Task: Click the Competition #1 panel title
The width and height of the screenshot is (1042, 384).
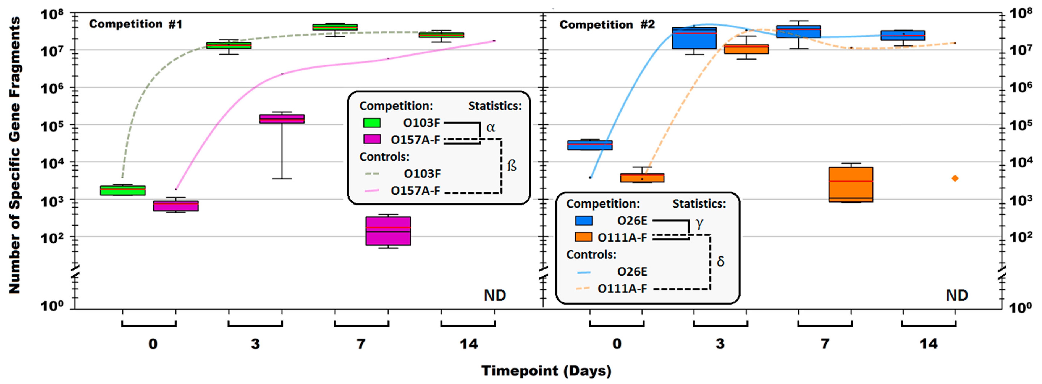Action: [136, 24]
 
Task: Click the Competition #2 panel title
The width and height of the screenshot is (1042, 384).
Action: [607, 25]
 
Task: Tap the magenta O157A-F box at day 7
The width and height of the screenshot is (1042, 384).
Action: [388, 231]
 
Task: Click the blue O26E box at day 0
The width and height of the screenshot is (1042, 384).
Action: [590, 145]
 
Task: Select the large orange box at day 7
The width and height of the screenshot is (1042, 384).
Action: [851, 184]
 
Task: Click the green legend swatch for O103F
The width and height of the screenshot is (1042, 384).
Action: [372, 123]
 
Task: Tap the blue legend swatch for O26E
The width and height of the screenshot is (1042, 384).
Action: [583, 221]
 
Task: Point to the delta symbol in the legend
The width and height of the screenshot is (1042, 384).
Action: [720, 261]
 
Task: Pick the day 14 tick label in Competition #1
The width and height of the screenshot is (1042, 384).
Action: [468, 344]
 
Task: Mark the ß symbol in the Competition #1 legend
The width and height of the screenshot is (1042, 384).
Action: [512, 166]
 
